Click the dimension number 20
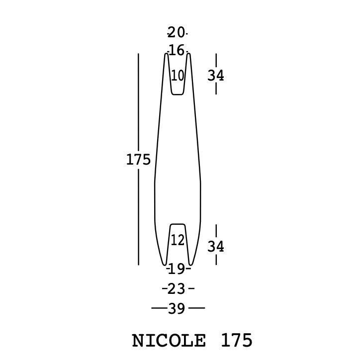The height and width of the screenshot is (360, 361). (176, 33)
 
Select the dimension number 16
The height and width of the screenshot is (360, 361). (176, 50)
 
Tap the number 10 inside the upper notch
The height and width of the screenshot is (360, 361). (178, 76)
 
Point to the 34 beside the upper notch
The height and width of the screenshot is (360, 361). (216, 76)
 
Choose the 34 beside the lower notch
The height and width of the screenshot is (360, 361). (216, 247)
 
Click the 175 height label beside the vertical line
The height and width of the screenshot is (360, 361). (138, 160)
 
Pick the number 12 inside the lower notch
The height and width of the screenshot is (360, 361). (178, 241)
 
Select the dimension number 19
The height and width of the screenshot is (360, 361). (177, 270)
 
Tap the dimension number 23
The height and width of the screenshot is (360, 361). (177, 289)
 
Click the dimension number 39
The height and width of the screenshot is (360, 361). (177, 309)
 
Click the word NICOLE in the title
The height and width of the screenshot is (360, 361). (169, 341)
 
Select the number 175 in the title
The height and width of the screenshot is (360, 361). (237, 341)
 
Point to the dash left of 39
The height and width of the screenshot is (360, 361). (159, 308)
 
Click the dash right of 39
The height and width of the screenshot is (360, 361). (197, 308)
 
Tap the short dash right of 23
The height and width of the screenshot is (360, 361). (191, 288)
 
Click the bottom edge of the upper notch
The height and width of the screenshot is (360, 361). (178, 94)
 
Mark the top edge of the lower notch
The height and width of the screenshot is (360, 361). (178, 224)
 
